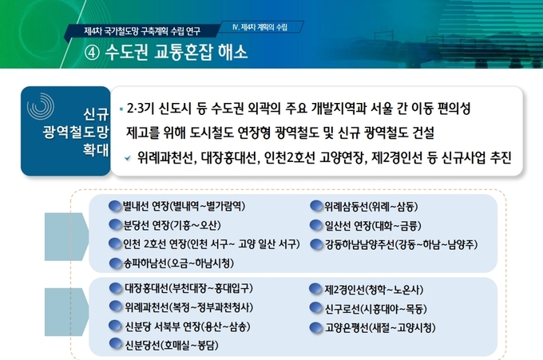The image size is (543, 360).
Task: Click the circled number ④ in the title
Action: (x=92, y=53)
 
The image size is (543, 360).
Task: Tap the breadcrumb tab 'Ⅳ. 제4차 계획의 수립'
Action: (x=260, y=27)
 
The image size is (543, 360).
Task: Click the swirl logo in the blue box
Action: (x=41, y=106)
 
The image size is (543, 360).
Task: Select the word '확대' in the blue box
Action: (x=96, y=150)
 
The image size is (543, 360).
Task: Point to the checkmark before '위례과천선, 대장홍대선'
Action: (x=128, y=158)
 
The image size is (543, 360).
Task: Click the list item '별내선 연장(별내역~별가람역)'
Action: (x=184, y=206)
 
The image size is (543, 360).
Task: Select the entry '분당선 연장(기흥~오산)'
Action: (x=172, y=225)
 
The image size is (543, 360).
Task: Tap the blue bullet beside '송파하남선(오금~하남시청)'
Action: (x=115, y=263)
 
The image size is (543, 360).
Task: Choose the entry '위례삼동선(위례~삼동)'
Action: (x=371, y=207)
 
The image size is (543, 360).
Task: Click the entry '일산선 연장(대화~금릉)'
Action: (x=373, y=226)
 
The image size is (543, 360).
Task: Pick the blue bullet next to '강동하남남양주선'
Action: (x=316, y=244)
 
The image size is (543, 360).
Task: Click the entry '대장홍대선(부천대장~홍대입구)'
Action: (x=188, y=288)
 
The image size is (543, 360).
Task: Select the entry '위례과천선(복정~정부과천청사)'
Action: (x=188, y=307)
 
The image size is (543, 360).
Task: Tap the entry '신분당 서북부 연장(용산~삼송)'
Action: (x=188, y=326)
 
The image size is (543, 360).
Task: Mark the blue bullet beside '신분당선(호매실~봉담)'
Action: (x=115, y=344)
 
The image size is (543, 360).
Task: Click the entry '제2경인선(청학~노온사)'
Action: (x=374, y=290)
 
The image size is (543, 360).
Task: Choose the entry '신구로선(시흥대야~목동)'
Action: (x=375, y=309)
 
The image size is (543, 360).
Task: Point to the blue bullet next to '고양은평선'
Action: (x=316, y=328)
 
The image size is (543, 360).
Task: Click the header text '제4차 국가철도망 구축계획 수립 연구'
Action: (x=142, y=31)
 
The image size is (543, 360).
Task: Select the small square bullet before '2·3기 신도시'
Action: (x=121, y=109)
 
